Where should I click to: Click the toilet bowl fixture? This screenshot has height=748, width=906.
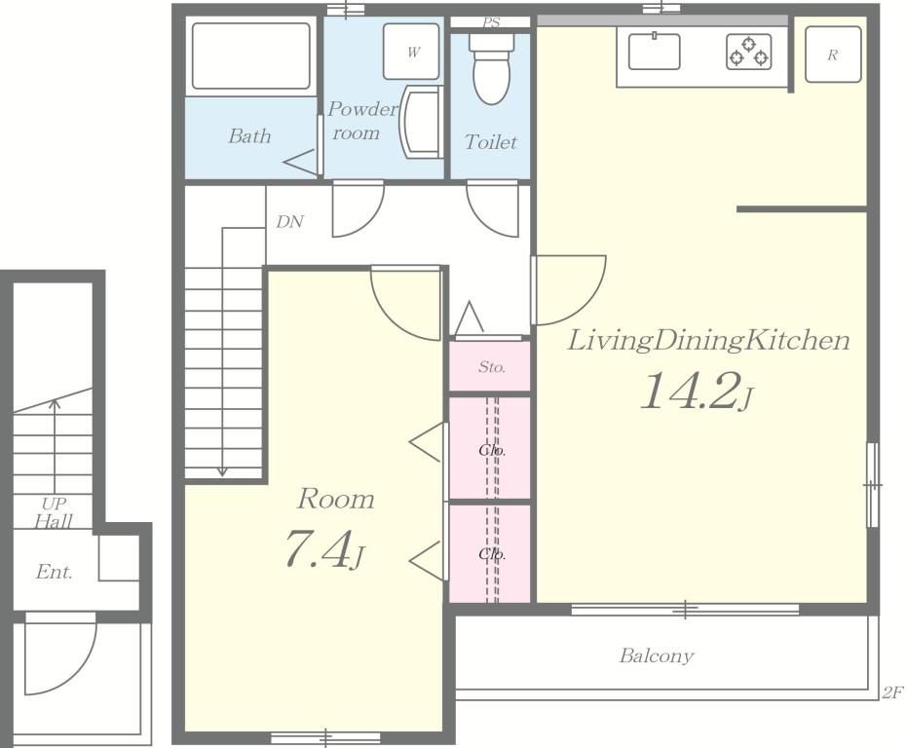tap(492, 68)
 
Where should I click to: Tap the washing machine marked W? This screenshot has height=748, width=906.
tap(411, 52)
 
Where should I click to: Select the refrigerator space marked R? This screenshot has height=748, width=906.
tap(833, 55)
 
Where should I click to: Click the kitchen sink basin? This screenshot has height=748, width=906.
tap(654, 51)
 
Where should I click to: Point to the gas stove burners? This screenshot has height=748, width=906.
tap(749, 52)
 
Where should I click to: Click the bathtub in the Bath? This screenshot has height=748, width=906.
tap(250, 56)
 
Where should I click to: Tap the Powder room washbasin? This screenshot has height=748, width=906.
tap(421, 122)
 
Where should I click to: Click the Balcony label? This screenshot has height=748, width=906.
tap(657, 655)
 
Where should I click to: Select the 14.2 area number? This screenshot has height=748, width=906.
tap(697, 391)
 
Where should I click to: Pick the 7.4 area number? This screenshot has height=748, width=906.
tap(324, 548)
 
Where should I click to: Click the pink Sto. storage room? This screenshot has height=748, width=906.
tap(490, 366)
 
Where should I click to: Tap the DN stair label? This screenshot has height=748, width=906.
tap(289, 222)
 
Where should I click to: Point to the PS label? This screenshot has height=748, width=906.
tap(491, 22)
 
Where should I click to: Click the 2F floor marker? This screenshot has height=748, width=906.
tap(892, 692)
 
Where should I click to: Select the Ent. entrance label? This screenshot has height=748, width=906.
tap(54, 572)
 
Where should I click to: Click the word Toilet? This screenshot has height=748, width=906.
tap(491, 141)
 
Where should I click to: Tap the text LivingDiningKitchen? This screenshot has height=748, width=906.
tap(708, 340)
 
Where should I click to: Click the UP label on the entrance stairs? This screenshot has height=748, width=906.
tap(54, 504)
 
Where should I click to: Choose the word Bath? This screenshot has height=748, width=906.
tap(249, 135)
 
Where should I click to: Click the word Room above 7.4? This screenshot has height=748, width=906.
tap(336, 499)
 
